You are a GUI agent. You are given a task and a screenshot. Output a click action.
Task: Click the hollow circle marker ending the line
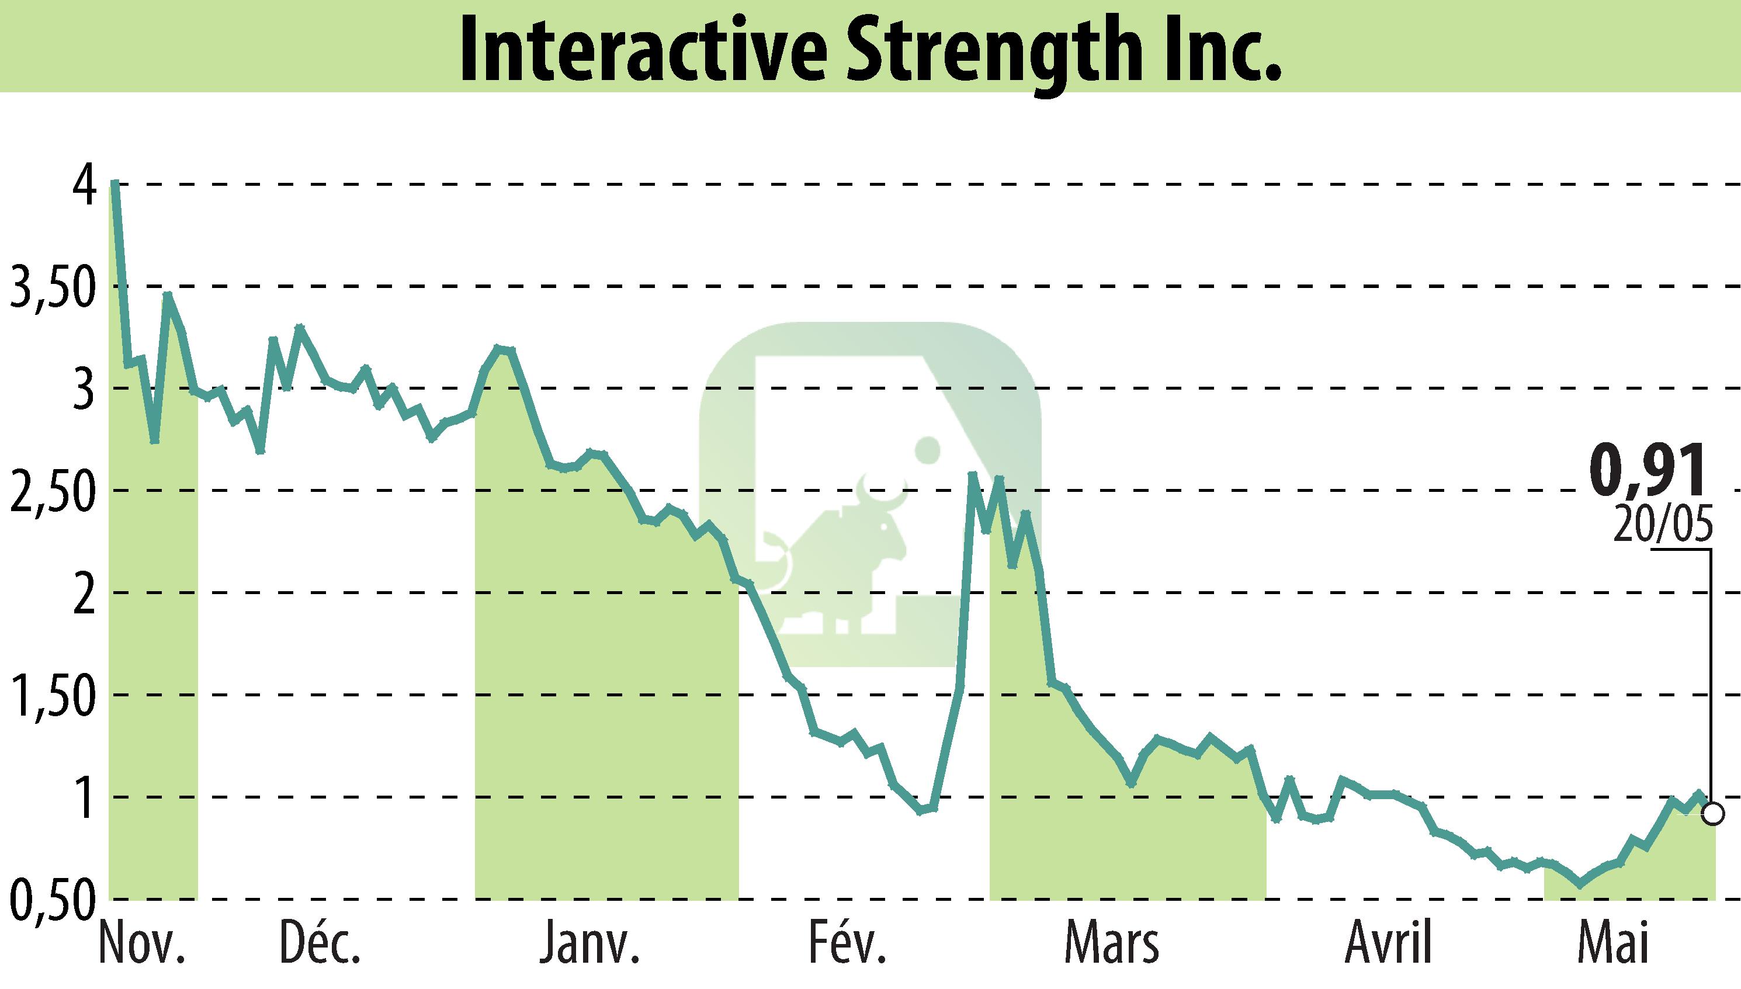tap(1713, 814)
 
